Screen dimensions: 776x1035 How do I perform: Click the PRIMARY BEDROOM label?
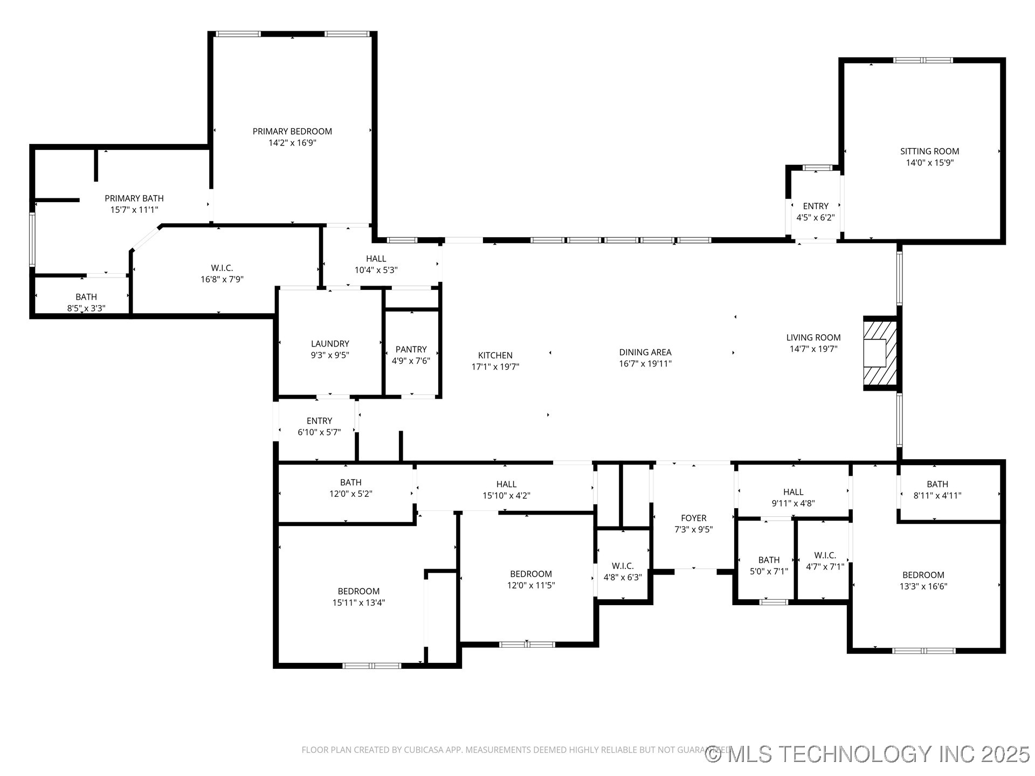[x=292, y=131]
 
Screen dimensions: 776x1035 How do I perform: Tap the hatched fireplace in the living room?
[x=881, y=353]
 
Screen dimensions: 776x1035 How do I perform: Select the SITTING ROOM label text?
[x=929, y=151]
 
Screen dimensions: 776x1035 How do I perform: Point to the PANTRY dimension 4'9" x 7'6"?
[x=411, y=361]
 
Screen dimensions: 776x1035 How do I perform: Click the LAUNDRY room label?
[x=330, y=344]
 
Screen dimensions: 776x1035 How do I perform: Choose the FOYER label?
[x=693, y=518]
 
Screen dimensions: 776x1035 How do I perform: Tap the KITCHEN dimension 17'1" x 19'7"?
[x=495, y=367]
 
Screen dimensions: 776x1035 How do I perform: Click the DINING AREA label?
[x=645, y=352]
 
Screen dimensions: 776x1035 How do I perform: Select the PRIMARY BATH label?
[x=134, y=198]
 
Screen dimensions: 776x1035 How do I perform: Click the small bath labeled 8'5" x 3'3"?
[x=86, y=302]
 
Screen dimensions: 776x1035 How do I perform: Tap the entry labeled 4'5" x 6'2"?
[x=815, y=212]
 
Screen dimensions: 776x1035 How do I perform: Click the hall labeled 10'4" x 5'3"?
[x=376, y=265]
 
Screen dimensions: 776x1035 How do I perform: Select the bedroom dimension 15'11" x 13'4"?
[x=358, y=603]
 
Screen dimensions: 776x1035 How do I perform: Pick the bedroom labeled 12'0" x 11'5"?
[x=530, y=580]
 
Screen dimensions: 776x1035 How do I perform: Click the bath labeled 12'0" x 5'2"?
[x=350, y=488]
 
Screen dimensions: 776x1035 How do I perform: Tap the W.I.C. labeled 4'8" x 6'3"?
[x=622, y=572]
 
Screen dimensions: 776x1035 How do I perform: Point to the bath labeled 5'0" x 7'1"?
[x=769, y=566]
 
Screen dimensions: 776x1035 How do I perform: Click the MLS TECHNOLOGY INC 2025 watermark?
[x=868, y=754]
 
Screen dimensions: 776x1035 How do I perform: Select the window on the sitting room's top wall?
[x=923, y=60]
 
